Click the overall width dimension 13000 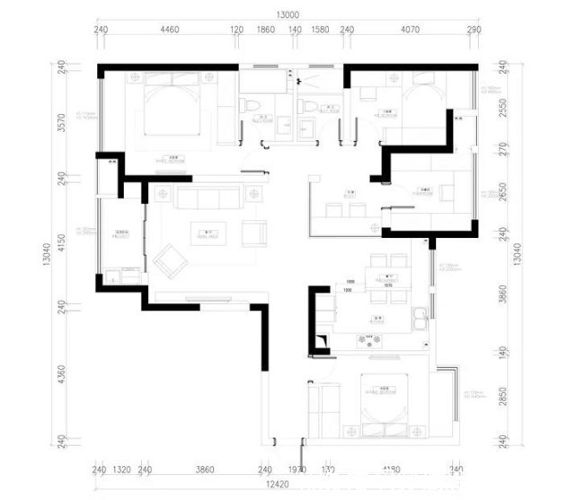click(x=288, y=14)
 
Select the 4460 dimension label click(x=169, y=30)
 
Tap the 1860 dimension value click(x=266, y=30)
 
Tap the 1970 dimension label click(x=297, y=469)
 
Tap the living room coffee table click(x=208, y=236)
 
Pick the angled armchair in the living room click(x=170, y=260)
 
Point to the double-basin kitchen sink click(x=419, y=318)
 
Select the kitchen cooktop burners click(x=369, y=340)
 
